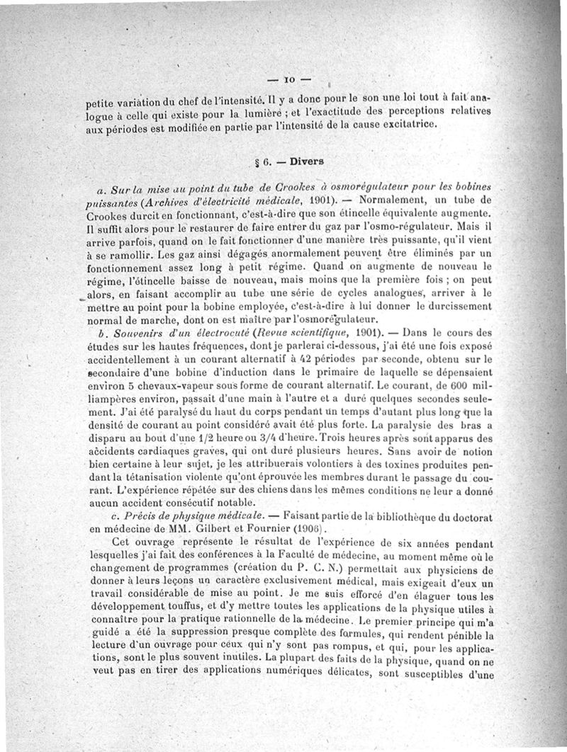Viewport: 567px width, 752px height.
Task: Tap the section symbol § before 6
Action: pyautogui.click(x=257, y=162)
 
